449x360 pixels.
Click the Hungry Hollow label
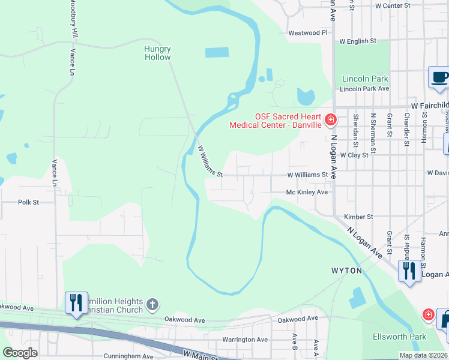157,53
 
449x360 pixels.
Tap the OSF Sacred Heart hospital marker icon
330,120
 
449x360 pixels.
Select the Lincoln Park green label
365,79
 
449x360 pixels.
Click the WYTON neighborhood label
346,271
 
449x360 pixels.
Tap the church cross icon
153,305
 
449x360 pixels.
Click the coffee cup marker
439,77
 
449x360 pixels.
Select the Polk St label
28,202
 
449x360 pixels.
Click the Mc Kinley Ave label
307,192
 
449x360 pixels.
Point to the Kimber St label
358,217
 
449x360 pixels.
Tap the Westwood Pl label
307,33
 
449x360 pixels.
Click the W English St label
357,41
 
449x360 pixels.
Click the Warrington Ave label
245,340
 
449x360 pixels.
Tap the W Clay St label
354,155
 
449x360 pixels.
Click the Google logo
20,353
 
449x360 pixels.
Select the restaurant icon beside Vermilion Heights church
76,302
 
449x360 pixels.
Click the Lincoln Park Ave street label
364,89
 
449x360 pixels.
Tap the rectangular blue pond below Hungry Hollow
217,52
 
